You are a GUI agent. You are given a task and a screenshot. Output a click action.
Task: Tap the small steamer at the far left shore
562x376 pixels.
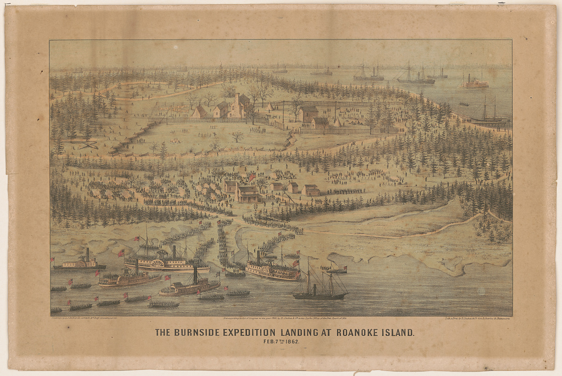tap(80, 263)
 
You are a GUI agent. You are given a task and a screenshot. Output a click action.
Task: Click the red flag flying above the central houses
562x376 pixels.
tap(252, 177)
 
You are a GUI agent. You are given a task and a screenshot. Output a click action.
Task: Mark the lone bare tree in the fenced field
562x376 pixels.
tap(237, 136)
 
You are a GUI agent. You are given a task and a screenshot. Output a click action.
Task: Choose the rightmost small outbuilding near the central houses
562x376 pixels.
tap(311, 190)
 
